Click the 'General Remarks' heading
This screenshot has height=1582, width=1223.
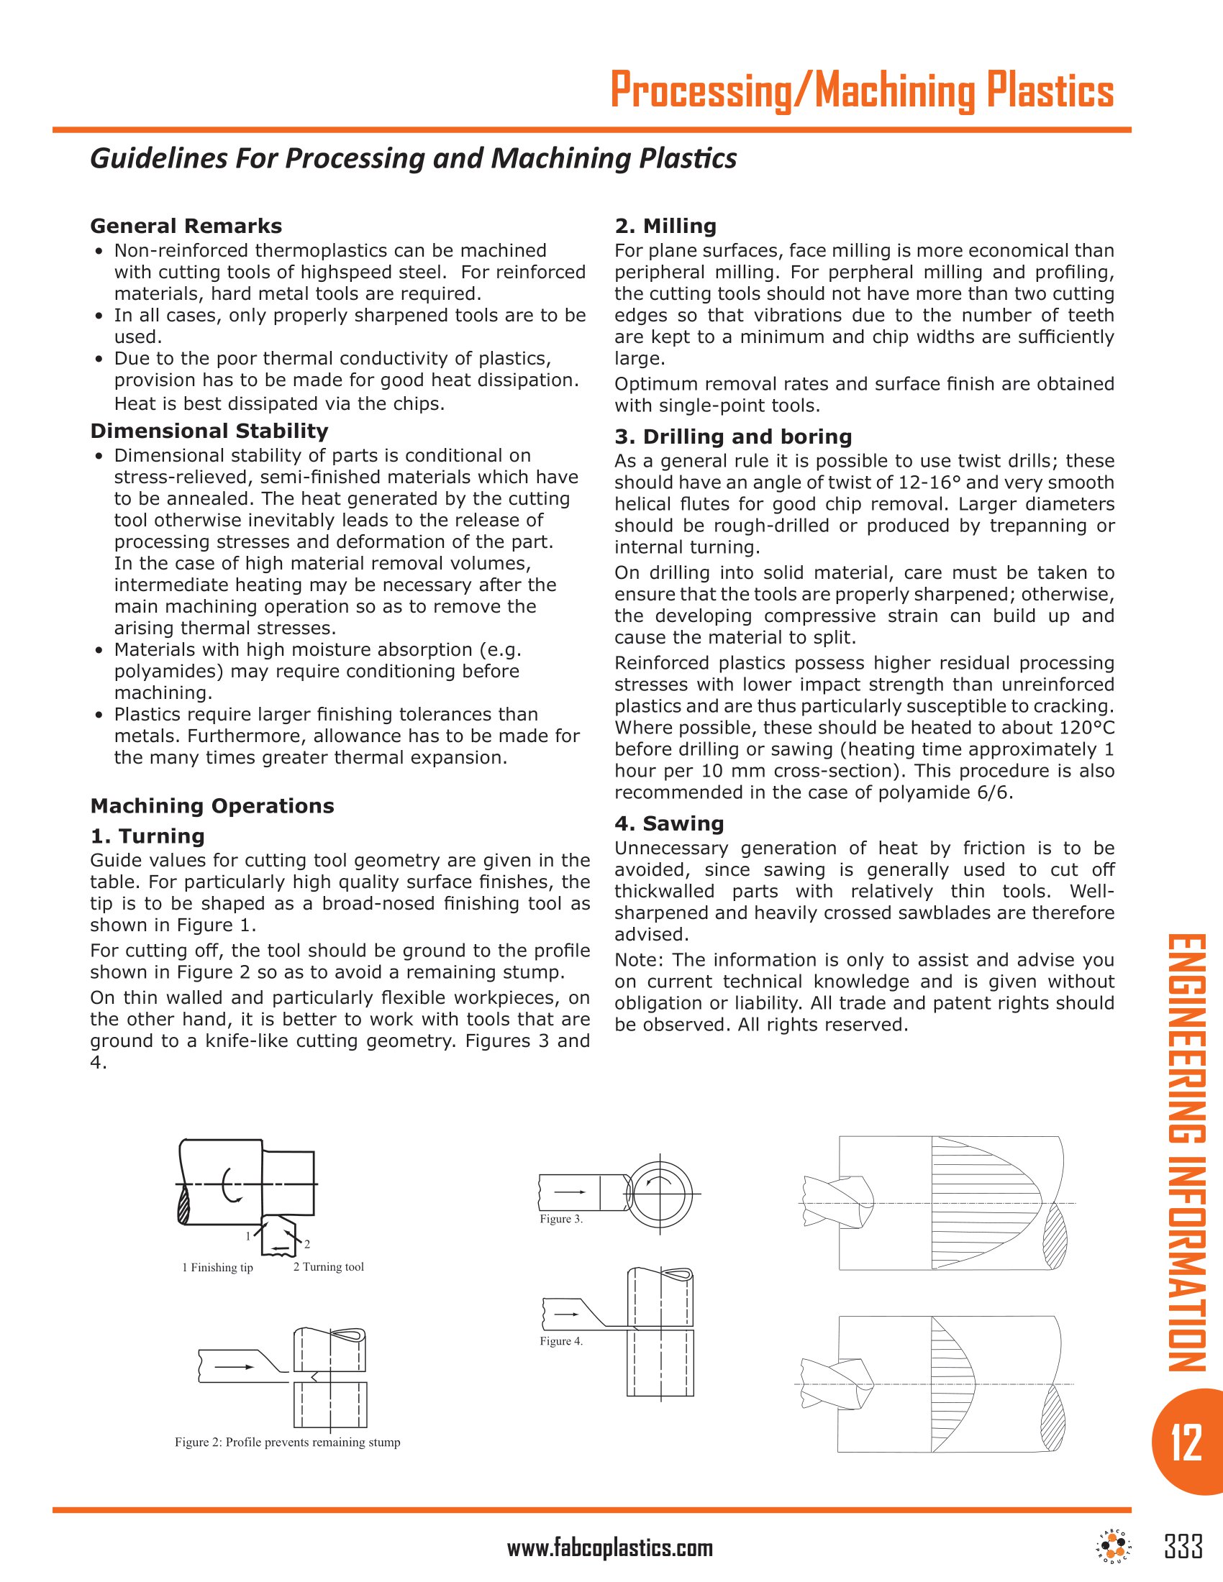tap(186, 226)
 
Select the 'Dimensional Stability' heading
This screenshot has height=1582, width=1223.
tap(209, 431)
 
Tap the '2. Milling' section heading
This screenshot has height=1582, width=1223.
tap(665, 226)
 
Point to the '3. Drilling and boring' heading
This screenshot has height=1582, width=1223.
tap(732, 436)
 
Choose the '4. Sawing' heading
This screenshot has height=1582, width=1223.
tap(669, 823)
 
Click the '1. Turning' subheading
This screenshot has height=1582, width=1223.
tap(147, 836)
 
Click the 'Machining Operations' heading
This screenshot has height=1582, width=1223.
tap(212, 805)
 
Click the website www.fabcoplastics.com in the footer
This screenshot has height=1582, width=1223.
tap(609, 1549)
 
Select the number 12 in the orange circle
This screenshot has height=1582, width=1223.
tap(1186, 1442)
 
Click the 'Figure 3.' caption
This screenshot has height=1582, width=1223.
tap(561, 1219)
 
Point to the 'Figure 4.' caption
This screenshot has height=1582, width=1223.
tap(561, 1341)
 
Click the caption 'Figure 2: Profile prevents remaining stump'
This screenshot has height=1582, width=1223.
tap(287, 1442)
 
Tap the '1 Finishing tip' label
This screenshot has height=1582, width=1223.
tap(217, 1267)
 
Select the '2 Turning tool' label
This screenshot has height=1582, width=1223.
tap(328, 1266)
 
